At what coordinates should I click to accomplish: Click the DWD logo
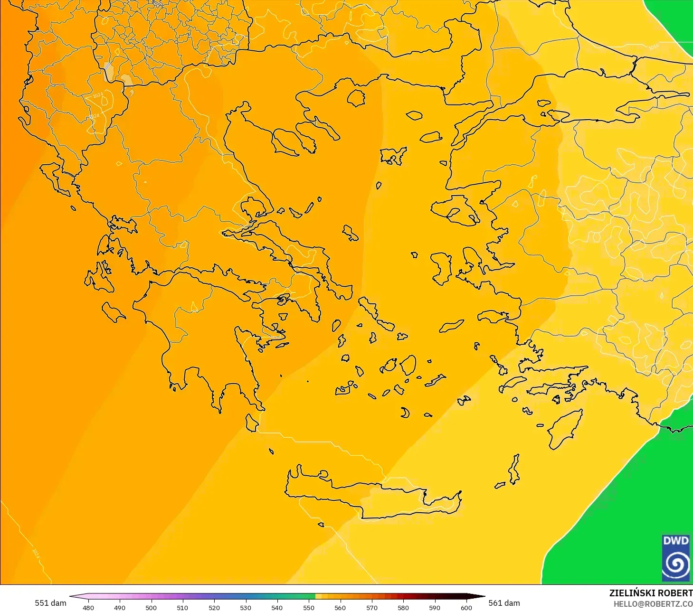point(675,557)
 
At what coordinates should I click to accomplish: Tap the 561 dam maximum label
point(504,603)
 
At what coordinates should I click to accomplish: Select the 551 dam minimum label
point(50,603)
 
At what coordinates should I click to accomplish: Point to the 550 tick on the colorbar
point(309,607)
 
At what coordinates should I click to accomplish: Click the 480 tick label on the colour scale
point(88,607)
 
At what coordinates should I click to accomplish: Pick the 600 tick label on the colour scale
point(466,607)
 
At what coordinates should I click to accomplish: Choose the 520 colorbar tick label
point(214,607)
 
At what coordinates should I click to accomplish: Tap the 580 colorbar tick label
point(403,607)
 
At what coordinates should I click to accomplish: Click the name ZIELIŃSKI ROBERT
point(651,593)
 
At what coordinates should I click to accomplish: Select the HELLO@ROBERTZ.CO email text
point(653,604)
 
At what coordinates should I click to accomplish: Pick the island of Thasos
point(356,98)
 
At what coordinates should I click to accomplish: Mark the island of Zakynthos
point(113,312)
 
